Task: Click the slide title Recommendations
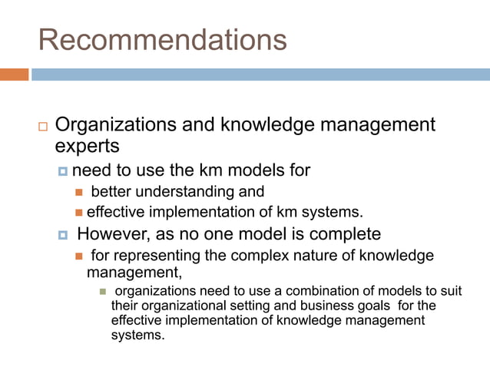pyautogui.click(x=162, y=39)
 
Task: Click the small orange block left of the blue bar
pyautogui.click(x=14, y=74)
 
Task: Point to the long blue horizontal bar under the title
pyautogui.click(x=260, y=74)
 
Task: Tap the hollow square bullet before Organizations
pyautogui.click(x=42, y=126)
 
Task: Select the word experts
pyautogui.click(x=88, y=144)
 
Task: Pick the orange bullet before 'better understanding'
pyautogui.click(x=78, y=192)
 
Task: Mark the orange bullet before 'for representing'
pyautogui.click(x=78, y=256)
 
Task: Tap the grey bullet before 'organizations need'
pyautogui.click(x=101, y=292)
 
